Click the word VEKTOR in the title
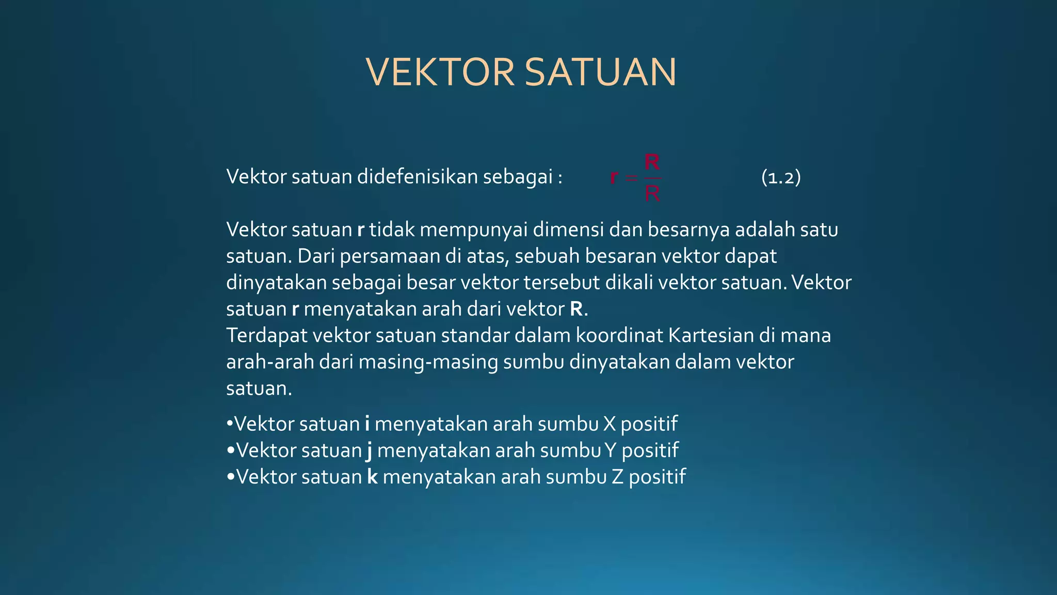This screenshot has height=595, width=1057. [x=440, y=72]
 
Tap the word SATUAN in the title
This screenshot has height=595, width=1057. [x=600, y=72]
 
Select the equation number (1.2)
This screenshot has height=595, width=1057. [x=781, y=177]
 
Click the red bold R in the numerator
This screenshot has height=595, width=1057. [x=652, y=162]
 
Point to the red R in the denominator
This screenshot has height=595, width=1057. [x=652, y=194]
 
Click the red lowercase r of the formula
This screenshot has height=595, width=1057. [x=614, y=177]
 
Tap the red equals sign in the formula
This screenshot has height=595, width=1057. [x=631, y=178]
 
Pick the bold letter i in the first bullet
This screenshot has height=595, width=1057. [x=367, y=424]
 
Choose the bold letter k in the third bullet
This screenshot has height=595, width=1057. [x=372, y=476]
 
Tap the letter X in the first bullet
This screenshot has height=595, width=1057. [x=610, y=424]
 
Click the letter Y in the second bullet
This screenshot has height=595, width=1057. [x=611, y=450]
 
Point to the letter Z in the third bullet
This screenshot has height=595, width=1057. [x=618, y=477]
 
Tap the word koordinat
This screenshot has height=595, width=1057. [x=619, y=335]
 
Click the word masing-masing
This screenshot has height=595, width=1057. [x=428, y=362]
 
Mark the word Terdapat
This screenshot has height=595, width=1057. [x=267, y=336]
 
